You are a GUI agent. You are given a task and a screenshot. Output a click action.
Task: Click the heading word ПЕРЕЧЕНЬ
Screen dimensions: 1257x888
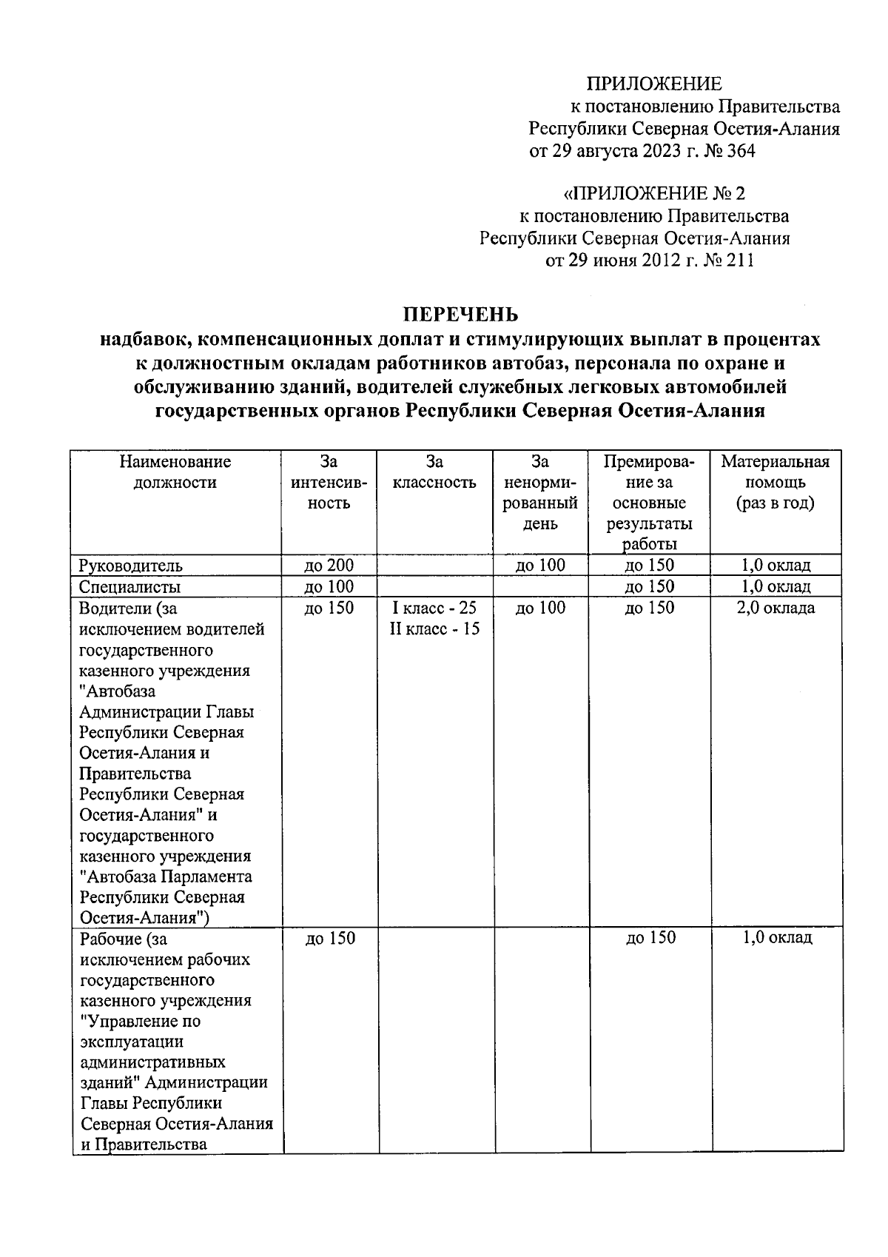point(461,315)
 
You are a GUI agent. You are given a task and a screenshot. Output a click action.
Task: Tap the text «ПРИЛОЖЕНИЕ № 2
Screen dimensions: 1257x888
point(653,194)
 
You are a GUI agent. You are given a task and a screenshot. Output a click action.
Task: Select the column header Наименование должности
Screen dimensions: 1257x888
point(175,472)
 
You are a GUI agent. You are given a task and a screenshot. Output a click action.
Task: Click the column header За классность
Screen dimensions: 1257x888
point(434,472)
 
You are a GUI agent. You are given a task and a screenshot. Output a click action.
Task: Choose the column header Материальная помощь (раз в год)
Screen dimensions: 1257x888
point(775,483)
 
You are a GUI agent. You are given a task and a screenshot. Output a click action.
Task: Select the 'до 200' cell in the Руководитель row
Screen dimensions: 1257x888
point(329,566)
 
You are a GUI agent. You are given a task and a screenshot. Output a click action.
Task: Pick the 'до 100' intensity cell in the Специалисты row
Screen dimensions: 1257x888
point(329,587)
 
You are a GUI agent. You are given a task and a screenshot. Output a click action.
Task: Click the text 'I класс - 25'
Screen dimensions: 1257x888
point(434,609)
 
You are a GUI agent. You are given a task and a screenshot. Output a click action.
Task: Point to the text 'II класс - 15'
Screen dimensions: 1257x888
point(434,629)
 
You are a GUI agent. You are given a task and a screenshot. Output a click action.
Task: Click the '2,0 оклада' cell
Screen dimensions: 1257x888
point(776,609)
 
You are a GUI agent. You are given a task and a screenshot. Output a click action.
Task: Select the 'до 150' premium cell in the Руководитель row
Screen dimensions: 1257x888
point(649,566)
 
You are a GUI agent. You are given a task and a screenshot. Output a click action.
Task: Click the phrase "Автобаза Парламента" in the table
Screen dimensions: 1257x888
point(166,877)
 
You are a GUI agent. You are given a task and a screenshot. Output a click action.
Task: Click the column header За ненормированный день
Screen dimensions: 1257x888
point(540,493)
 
